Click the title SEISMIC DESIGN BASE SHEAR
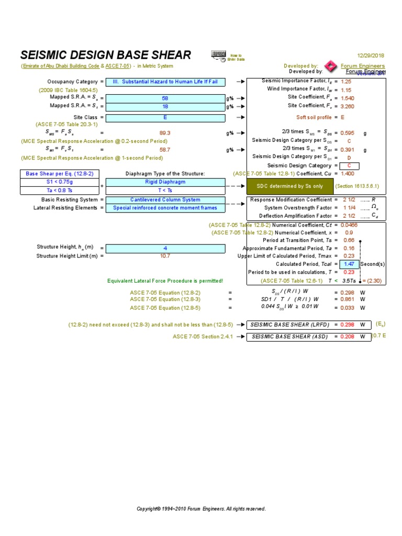(x=105, y=55)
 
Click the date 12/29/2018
(x=371, y=55)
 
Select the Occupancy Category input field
(x=165, y=82)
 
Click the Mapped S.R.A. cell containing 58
(x=165, y=98)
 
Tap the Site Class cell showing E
(x=165, y=118)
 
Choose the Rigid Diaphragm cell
(x=165, y=182)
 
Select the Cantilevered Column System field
(x=165, y=199)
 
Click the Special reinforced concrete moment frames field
(x=165, y=208)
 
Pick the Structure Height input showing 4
(x=165, y=248)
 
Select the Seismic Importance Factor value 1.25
(x=346, y=82)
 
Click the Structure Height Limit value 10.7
(x=165, y=256)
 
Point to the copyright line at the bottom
(x=201, y=509)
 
